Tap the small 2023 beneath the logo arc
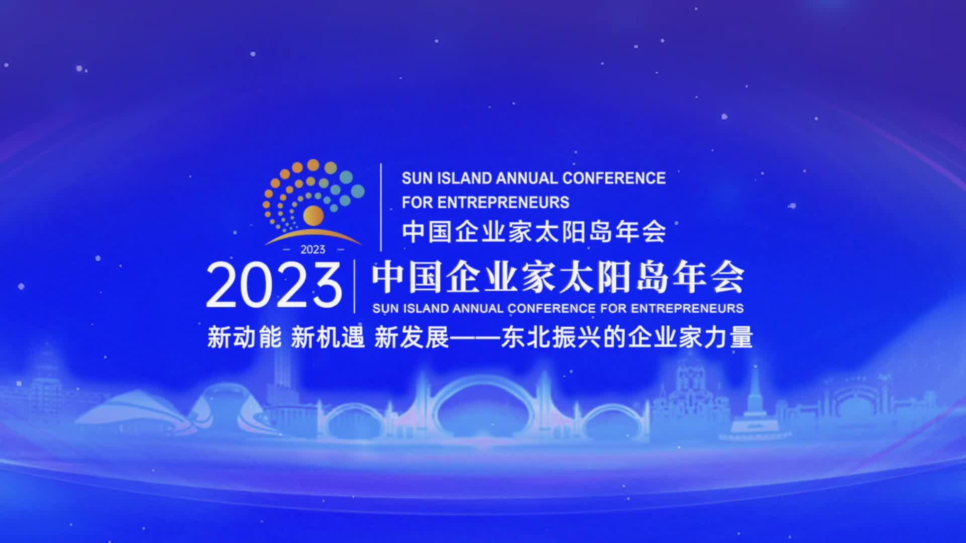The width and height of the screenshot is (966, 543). (x=312, y=249)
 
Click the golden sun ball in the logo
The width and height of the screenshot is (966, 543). (x=313, y=216)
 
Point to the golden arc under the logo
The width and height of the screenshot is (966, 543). (x=313, y=234)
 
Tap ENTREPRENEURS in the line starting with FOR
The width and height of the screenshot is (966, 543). (x=503, y=202)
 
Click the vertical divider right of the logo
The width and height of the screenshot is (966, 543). (x=381, y=207)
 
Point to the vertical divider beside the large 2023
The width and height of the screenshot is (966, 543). (x=355, y=286)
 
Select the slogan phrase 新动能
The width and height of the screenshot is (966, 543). (x=245, y=337)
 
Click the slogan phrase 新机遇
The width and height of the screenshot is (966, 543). (x=328, y=337)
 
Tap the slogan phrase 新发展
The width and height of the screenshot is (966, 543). (x=412, y=337)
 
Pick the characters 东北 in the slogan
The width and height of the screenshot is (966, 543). (x=526, y=337)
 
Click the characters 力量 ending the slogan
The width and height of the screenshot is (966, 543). (x=728, y=337)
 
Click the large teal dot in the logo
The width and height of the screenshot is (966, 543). (x=357, y=191)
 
